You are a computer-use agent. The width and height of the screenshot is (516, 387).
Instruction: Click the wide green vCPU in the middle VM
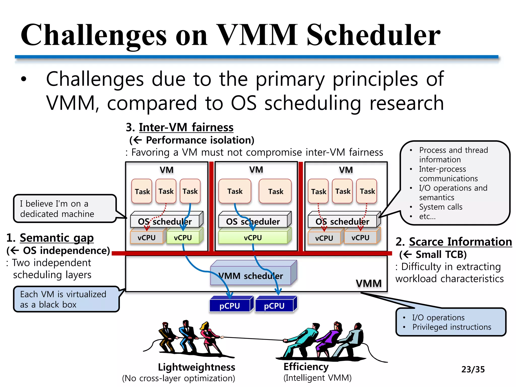(253, 238)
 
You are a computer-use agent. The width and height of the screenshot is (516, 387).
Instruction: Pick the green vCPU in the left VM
(183, 238)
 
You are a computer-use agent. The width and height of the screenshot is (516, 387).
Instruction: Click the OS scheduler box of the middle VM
(253, 221)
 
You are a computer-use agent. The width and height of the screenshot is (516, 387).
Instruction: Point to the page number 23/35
(473, 369)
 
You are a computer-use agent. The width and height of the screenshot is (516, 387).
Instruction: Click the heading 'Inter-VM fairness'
(186, 127)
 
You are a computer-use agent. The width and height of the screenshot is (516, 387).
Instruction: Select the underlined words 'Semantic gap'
(57, 238)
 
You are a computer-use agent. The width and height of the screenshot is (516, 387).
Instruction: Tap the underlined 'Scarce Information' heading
(460, 242)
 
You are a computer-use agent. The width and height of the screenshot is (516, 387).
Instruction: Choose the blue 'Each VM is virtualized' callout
(66, 299)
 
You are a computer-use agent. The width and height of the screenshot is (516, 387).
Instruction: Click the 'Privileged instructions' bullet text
(451, 327)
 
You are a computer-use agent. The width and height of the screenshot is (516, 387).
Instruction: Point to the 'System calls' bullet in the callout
(441, 207)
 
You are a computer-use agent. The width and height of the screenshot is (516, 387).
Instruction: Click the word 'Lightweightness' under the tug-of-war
(197, 367)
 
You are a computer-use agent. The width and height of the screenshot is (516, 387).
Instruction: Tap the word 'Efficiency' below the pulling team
(306, 367)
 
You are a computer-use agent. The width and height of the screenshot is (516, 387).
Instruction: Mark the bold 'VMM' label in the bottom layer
(369, 283)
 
